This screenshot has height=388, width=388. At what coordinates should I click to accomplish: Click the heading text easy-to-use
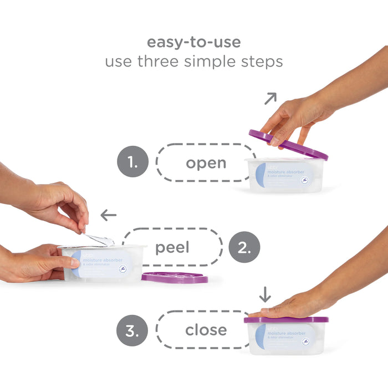pos(193,42)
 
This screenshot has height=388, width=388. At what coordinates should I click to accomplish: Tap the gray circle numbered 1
pos(132,162)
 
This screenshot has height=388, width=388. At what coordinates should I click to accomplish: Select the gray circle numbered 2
pos(244,247)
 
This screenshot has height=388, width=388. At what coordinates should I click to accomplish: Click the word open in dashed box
pos(206,163)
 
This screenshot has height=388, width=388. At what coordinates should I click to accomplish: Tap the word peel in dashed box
pos(172,247)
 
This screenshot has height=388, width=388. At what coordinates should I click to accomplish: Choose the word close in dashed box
pos(206,330)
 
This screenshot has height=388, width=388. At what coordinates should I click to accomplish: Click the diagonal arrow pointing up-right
pos(270,99)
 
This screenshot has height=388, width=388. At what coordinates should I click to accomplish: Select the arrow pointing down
pos(265,294)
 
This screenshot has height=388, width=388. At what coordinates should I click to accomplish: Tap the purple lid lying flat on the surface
pos(175,277)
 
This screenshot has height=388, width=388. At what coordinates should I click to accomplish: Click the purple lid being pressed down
pos(286,320)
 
